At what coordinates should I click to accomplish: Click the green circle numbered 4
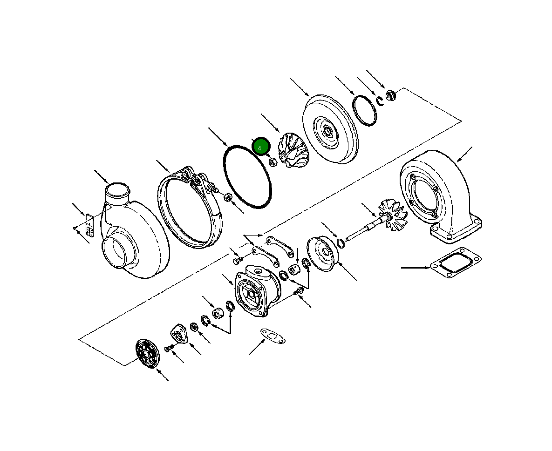click(260, 148)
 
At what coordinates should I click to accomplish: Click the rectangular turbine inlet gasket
click(456, 262)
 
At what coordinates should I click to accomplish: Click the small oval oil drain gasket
click(273, 335)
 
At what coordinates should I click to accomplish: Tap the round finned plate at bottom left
click(148, 354)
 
